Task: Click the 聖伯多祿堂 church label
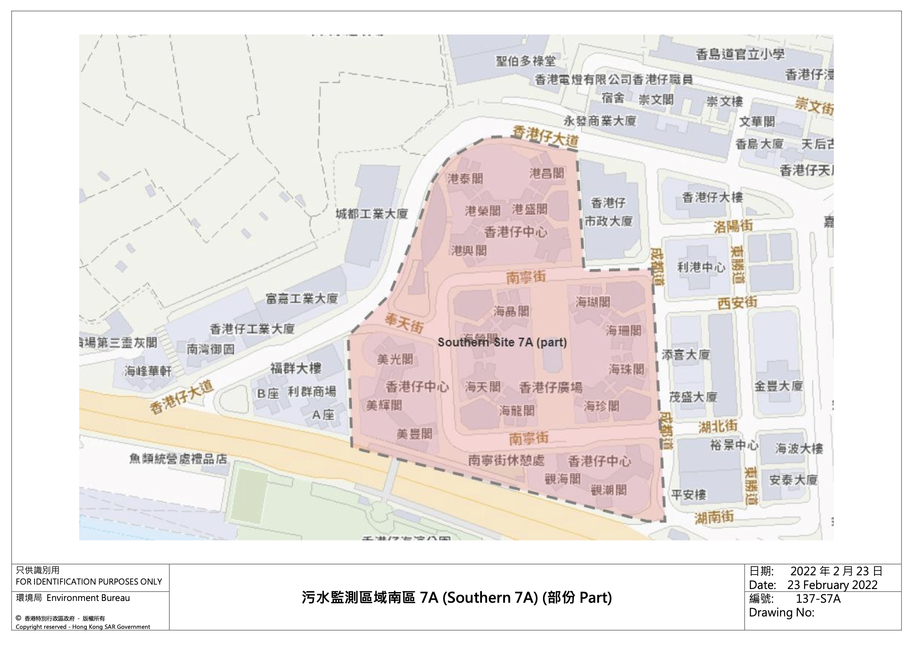(x=525, y=61)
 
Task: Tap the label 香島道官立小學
(x=740, y=54)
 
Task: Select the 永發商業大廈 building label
(x=600, y=120)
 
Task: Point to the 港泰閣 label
(x=465, y=179)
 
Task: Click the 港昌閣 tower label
(x=547, y=173)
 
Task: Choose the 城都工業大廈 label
(x=371, y=214)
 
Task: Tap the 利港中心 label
(x=701, y=267)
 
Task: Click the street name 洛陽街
(x=733, y=227)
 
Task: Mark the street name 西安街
(x=737, y=303)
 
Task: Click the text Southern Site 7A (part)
(x=502, y=342)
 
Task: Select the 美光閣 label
(x=395, y=359)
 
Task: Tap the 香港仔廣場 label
(x=551, y=388)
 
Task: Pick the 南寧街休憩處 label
(x=506, y=461)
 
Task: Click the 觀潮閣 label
(x=609, y=490)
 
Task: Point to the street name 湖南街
(x=714, y=517)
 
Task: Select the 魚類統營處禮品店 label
(x=178, y=459)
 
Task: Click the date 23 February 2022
(x=832, y=585)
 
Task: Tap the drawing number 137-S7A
(x=818, y=599)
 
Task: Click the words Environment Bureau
(x=88, y=598)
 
